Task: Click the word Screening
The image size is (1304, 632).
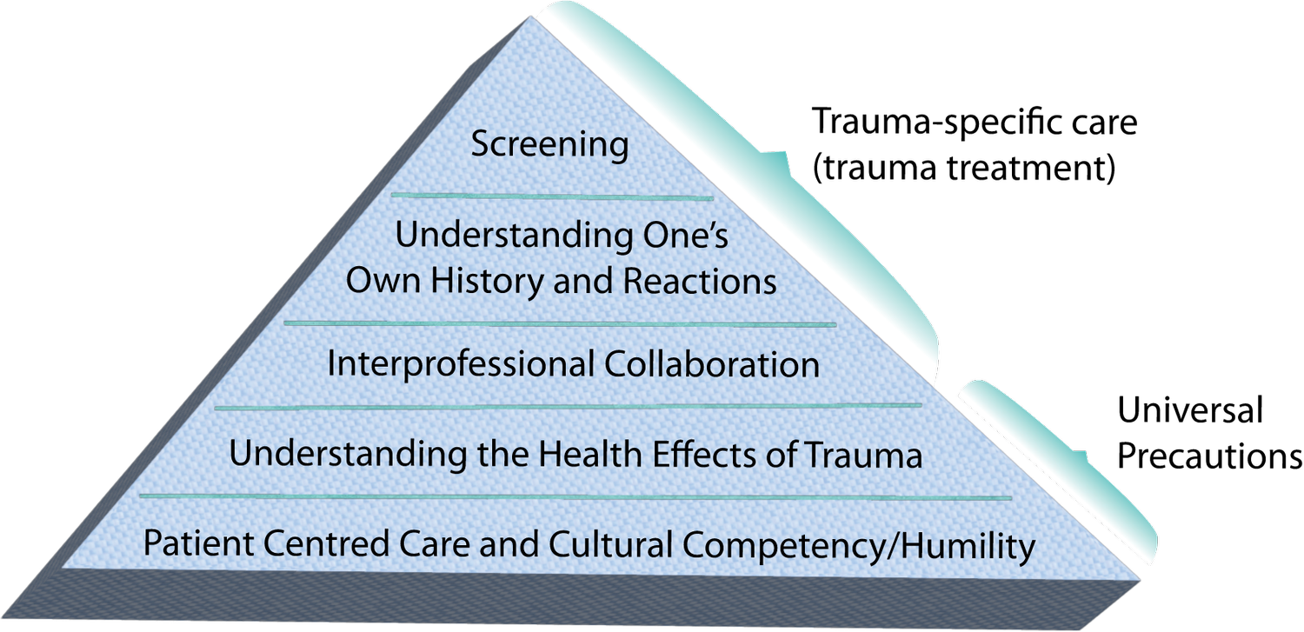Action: coord(549,145)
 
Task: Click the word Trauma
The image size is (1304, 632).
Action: coord(866,455)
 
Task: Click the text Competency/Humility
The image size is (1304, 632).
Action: coord(858,546)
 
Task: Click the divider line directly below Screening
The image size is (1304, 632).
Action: coord(552,196)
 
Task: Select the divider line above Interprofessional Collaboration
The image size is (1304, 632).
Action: coord(561,324)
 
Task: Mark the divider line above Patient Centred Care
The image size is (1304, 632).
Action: coord(575,496)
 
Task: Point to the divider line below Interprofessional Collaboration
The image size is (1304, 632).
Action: coord(568,405)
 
